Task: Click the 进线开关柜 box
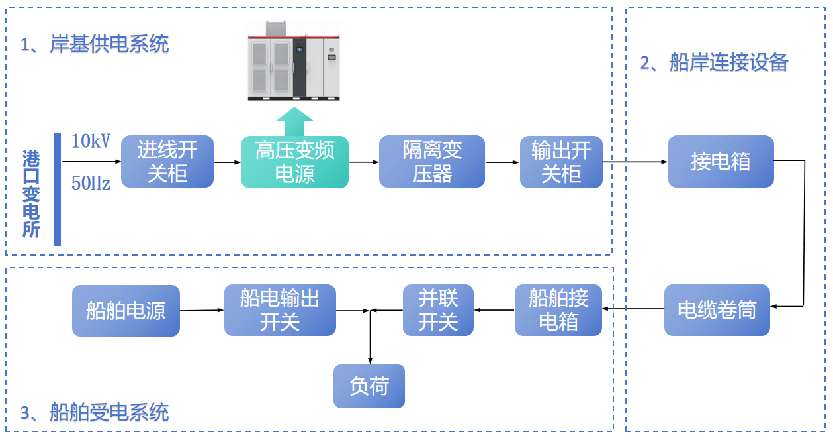click(x=167, y=162)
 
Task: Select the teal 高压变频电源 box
click(x=294, y=162)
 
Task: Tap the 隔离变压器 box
click(x=431, y=162)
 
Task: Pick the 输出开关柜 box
click(x=561, y=162)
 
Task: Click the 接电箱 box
click(x=721, y=162)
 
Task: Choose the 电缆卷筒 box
click(x=717, y=310)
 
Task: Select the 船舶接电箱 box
click(x=558, y=310)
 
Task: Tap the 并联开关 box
click(x=438, y=310)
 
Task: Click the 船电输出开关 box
click(x=280, y=310)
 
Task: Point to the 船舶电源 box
click(x=126, y=311)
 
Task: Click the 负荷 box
click(x=369, y=386)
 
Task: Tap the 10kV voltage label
click(x=91, y=141)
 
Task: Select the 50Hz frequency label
click(x=91, y=184)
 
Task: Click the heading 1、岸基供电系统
click(x=95, y=44)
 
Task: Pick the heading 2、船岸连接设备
click(x=714, y=62)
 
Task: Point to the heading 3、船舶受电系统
click(x=95, y=413)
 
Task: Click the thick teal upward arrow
click(x=294, y=123)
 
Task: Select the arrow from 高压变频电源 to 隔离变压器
click(x=363, y=162)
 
